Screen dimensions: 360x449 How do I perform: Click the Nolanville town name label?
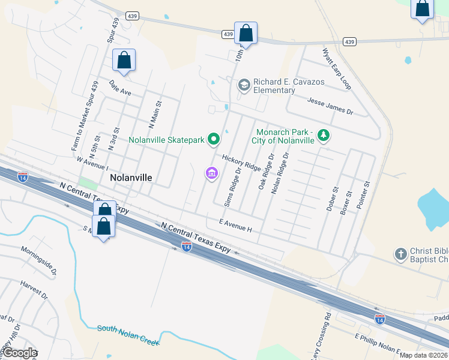pyautogui.click(x=131, y=178)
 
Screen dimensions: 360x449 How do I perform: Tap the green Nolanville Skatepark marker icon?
pyautogui.click(x=213, y=140)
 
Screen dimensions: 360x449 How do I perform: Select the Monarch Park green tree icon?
pyautogui.click(x=324, y=135)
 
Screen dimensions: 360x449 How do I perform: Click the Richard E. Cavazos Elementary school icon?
pyautogui.click(x=244, y=85)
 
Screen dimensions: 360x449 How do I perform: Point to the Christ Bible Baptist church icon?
pyautogui.click(x=401, y=254)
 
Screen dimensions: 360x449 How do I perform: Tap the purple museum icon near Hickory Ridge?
pyautogui.click(x=211, y=174)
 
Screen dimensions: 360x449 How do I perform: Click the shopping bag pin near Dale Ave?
pyautogui.click(x=124, y=61)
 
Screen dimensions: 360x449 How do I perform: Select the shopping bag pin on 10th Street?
pyautogui.click(x=246, y=32)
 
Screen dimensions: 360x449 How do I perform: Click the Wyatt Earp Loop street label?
pyautogui.click(x=337, y=68)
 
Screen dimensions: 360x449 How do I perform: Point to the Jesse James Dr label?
pyautogui.click(x=331, y=107)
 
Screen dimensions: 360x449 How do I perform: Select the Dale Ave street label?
pyautogui.click(x=119, y=88)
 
